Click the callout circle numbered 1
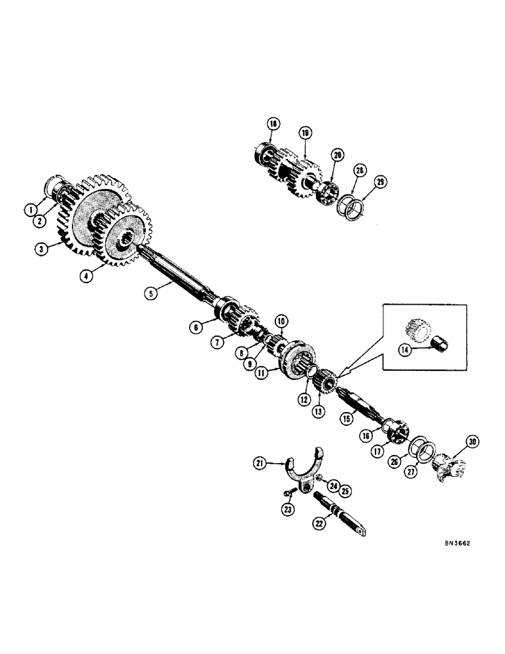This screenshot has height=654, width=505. [30, 211]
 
